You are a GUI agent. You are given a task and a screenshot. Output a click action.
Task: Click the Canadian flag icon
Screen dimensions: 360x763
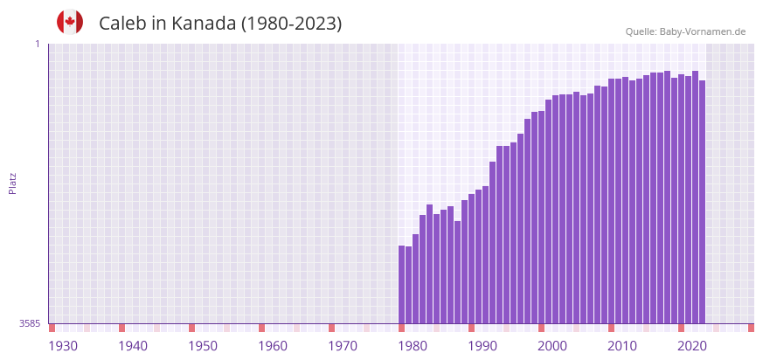point(70,23)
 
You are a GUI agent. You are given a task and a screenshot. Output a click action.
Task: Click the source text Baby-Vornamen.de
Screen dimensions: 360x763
point(703,31)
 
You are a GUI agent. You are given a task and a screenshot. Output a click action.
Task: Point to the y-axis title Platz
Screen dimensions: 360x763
point(13,183)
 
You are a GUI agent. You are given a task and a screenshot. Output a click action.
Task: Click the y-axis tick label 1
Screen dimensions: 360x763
point(37,44)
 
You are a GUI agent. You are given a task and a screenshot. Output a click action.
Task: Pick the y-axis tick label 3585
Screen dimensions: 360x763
point(30,323)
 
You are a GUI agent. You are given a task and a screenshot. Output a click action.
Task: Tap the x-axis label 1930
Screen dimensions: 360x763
point(63,346)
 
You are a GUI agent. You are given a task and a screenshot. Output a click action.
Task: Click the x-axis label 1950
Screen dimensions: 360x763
point(203,346)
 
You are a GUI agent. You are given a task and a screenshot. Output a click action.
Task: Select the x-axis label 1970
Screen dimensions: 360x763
point(343,346)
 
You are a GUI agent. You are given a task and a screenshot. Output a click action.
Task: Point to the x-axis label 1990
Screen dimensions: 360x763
point(482,346)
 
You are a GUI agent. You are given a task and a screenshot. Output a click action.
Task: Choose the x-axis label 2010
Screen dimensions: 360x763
point(622,346)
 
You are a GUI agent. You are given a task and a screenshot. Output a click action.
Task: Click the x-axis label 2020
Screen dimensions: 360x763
point(692,346)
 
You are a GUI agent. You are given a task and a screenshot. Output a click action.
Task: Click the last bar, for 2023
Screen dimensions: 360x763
point(702,202)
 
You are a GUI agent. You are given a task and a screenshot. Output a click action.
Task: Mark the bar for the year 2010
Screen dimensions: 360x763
point(612,201)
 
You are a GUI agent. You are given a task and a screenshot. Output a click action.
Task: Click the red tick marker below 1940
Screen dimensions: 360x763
point(121,328)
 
